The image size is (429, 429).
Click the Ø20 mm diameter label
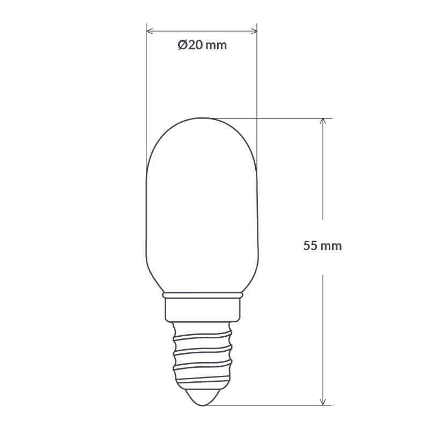(202, 46)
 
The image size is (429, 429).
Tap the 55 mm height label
(322, 246)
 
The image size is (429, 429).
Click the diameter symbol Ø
(182, 46)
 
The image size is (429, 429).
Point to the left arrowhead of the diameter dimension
(150, 31)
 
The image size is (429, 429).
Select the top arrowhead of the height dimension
(323, 121)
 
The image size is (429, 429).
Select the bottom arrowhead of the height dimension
(323, 402)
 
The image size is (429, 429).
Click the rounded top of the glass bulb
(202, 120)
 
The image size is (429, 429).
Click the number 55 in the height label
(310, 246)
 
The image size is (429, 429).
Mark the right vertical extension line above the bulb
(257, 80)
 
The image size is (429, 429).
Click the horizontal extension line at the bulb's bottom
(268, 405)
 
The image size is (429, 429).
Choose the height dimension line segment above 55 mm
(323, 172)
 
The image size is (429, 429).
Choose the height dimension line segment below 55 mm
(323, 332)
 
